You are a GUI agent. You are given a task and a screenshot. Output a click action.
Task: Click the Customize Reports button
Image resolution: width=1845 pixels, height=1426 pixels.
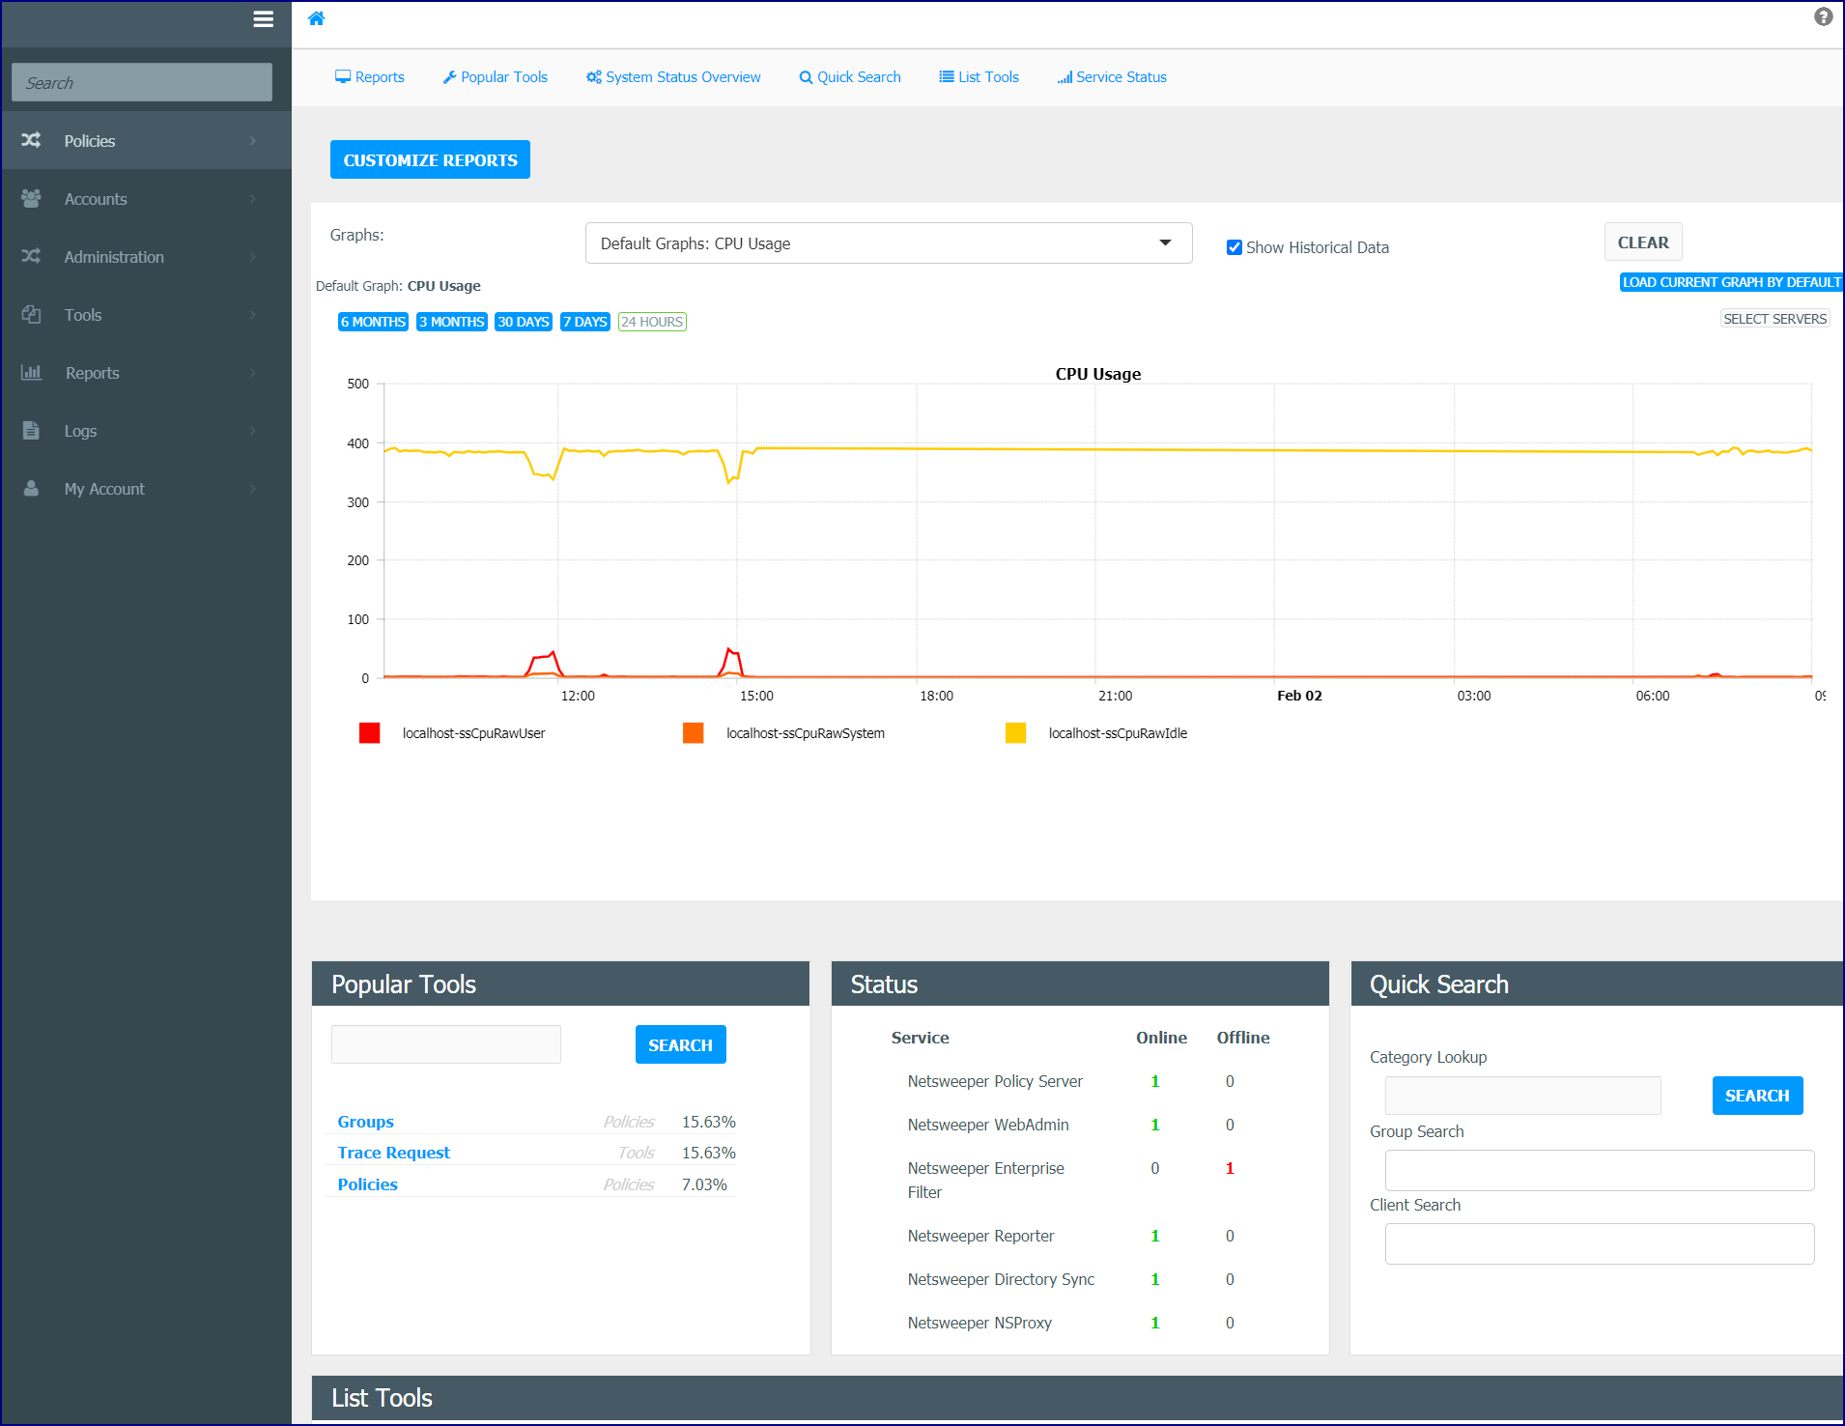(x=430, y=159)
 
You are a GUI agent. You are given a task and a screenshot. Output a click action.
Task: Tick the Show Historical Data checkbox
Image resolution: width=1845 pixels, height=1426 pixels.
(x=1234, y=247)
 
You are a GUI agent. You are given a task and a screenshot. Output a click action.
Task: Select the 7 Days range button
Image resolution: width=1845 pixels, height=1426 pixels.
(x=584, y=322)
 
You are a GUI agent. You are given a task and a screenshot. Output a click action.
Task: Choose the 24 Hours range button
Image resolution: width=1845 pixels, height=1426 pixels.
(x=652, y=322)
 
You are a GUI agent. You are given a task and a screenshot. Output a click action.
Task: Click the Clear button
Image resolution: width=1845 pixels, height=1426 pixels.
(x=1643, y=242)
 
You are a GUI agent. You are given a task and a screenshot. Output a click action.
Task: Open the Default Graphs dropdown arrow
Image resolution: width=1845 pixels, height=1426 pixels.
(x=1165, y=242)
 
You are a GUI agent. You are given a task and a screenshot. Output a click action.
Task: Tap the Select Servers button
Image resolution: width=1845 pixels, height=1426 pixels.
(x=1774, y=319)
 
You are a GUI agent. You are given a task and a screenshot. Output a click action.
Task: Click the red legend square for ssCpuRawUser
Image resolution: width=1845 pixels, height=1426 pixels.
(x=369, y=733)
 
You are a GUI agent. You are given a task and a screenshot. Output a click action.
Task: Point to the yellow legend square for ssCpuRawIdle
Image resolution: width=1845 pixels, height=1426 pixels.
(x=1015, y=733)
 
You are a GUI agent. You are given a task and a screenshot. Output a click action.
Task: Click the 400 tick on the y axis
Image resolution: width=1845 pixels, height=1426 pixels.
(x=358, y=443)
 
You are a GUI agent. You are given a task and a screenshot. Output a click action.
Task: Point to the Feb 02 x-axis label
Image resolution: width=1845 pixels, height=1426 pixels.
(x=1299, y=696)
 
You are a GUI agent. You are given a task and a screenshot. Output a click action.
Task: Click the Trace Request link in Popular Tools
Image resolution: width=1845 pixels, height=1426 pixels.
(x=394, y=1153)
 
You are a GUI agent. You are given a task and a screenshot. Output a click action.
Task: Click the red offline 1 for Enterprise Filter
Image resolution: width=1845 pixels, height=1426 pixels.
(x=1230, y=1168)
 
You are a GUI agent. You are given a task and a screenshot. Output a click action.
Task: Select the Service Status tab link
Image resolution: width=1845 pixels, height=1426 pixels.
(x=1112, y=77)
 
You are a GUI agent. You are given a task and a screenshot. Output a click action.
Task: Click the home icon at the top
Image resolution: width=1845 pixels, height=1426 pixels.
(x=316, y=18)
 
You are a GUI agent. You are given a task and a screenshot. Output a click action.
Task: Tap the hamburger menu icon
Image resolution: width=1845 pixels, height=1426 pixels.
(x=263, y=19)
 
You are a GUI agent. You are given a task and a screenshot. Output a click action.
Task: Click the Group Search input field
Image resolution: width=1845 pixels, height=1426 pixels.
(x=1600, y=1170)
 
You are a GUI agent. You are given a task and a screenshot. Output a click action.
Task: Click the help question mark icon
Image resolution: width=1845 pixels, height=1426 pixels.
(x=1823, y=16)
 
